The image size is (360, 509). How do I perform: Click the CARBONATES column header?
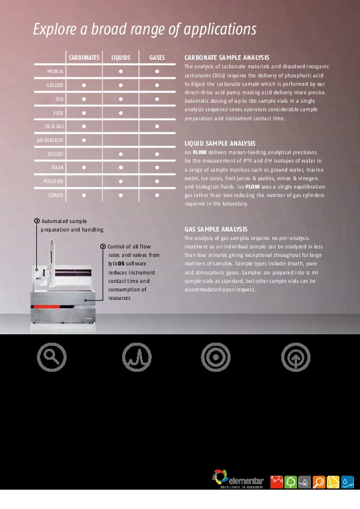pyautogui.click(x=84, y=57)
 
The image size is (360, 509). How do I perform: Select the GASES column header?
pyautogui.click(x=157, y=57)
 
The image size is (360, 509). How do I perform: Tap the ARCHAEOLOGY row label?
pyautogui.click(x=50, y=140)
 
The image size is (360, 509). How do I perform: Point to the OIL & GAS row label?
pyautogui.click(x=54, y=126)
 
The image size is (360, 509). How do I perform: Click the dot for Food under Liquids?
pyautogui.click(x=120, y=112)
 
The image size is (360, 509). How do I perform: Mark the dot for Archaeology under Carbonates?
pyautogui.click(x=84, y=140)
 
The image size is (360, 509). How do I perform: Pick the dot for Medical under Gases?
pyautogui.click(x=157, y=71)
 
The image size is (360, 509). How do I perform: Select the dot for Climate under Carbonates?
pyautogui.click(x=84, y=195)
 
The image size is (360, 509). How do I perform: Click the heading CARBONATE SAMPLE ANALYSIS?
pyautogui.click(x=222, y=57)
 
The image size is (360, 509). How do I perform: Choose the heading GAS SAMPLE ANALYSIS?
pyautogui.click(x=216, y=229)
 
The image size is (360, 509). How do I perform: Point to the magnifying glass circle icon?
pyautogui.click(x=51, y=357)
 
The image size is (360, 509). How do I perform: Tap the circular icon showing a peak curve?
pyautogui.click(x=136, y=357)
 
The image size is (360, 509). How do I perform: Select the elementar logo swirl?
pyautogui.click(x=220, y=476)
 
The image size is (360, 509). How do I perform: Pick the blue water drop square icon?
pyautogui.click(x=347, y=482)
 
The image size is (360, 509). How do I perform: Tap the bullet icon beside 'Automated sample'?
pyautogui.click(x=37, y=221)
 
